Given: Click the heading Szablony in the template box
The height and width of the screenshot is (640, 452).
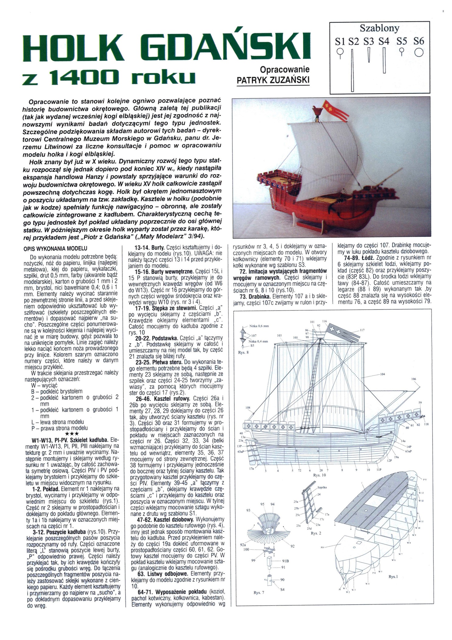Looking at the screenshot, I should pyautogui.click(x=379, y=28).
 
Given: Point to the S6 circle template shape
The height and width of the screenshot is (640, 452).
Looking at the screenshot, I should pyautogui.click(x=419, y=53).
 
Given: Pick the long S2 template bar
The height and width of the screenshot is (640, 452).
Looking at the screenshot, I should pyautogui.click(x=352, y=70).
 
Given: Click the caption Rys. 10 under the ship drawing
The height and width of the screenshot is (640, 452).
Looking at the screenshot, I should pyautogui.click(x=320, y=475).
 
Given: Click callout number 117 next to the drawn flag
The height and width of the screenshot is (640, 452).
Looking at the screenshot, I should pyautogui.click(x=362, y=330).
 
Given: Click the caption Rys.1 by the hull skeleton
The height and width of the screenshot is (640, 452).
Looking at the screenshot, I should pyautogui.click(x=394, y=577).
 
